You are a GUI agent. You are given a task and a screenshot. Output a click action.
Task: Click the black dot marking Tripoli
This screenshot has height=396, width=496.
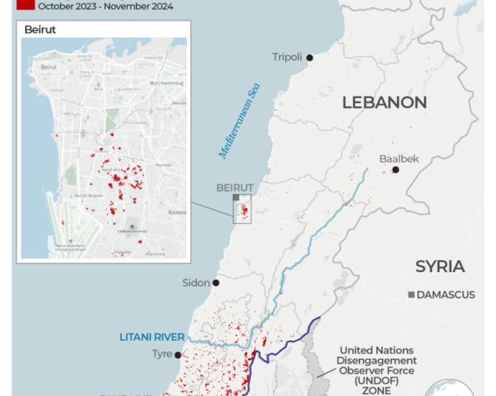[310, 58]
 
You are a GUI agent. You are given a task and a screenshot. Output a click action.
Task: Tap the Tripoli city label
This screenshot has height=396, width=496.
[287, 58]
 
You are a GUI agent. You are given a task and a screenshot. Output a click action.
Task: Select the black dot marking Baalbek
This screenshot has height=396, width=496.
[395, 170]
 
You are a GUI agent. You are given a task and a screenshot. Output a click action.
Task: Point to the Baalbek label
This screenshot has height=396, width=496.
[398, 160]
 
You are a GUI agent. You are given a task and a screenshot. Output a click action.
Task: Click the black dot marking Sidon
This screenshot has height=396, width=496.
[216, 283]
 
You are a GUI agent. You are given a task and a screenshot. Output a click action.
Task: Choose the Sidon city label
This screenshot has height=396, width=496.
[197, 283]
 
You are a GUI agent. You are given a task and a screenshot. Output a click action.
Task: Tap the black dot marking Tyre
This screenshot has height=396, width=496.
[178, 354]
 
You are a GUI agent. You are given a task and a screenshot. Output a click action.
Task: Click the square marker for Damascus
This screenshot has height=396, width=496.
[410, 295]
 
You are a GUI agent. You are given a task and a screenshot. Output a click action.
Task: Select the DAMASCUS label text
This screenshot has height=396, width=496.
[446, 295]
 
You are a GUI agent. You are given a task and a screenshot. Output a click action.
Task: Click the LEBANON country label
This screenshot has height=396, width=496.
[384, 102]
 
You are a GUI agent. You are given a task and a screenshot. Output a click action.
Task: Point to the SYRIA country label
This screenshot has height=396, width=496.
[440, 266]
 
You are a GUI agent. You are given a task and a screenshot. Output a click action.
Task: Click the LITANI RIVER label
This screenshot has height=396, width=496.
[152, 337]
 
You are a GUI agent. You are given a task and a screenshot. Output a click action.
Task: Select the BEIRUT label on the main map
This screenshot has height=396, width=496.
[235, 187]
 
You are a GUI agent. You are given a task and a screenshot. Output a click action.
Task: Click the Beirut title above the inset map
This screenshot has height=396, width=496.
[40, 30]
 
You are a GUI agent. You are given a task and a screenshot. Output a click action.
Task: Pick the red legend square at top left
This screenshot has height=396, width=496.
[25, 5]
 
